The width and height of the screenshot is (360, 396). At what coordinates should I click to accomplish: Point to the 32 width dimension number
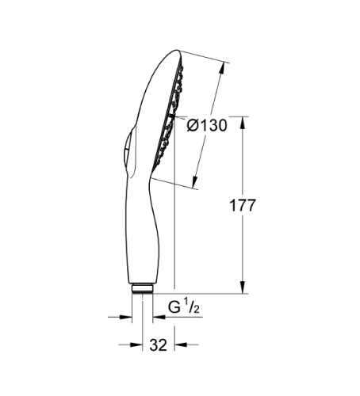tap(159, 345)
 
